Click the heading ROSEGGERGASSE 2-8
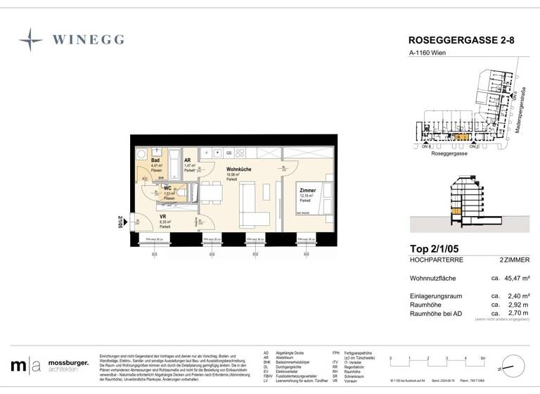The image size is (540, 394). [x=461, y=42]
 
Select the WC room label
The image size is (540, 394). [x=168, y=189]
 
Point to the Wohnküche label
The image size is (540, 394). [x=239, y=170]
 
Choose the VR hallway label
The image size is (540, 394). [x=162, y=217]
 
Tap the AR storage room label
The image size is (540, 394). [x=188, y=160]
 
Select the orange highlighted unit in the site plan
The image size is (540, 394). [x=458, y=138]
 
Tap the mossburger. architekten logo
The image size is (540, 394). [x=49, y=365]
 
